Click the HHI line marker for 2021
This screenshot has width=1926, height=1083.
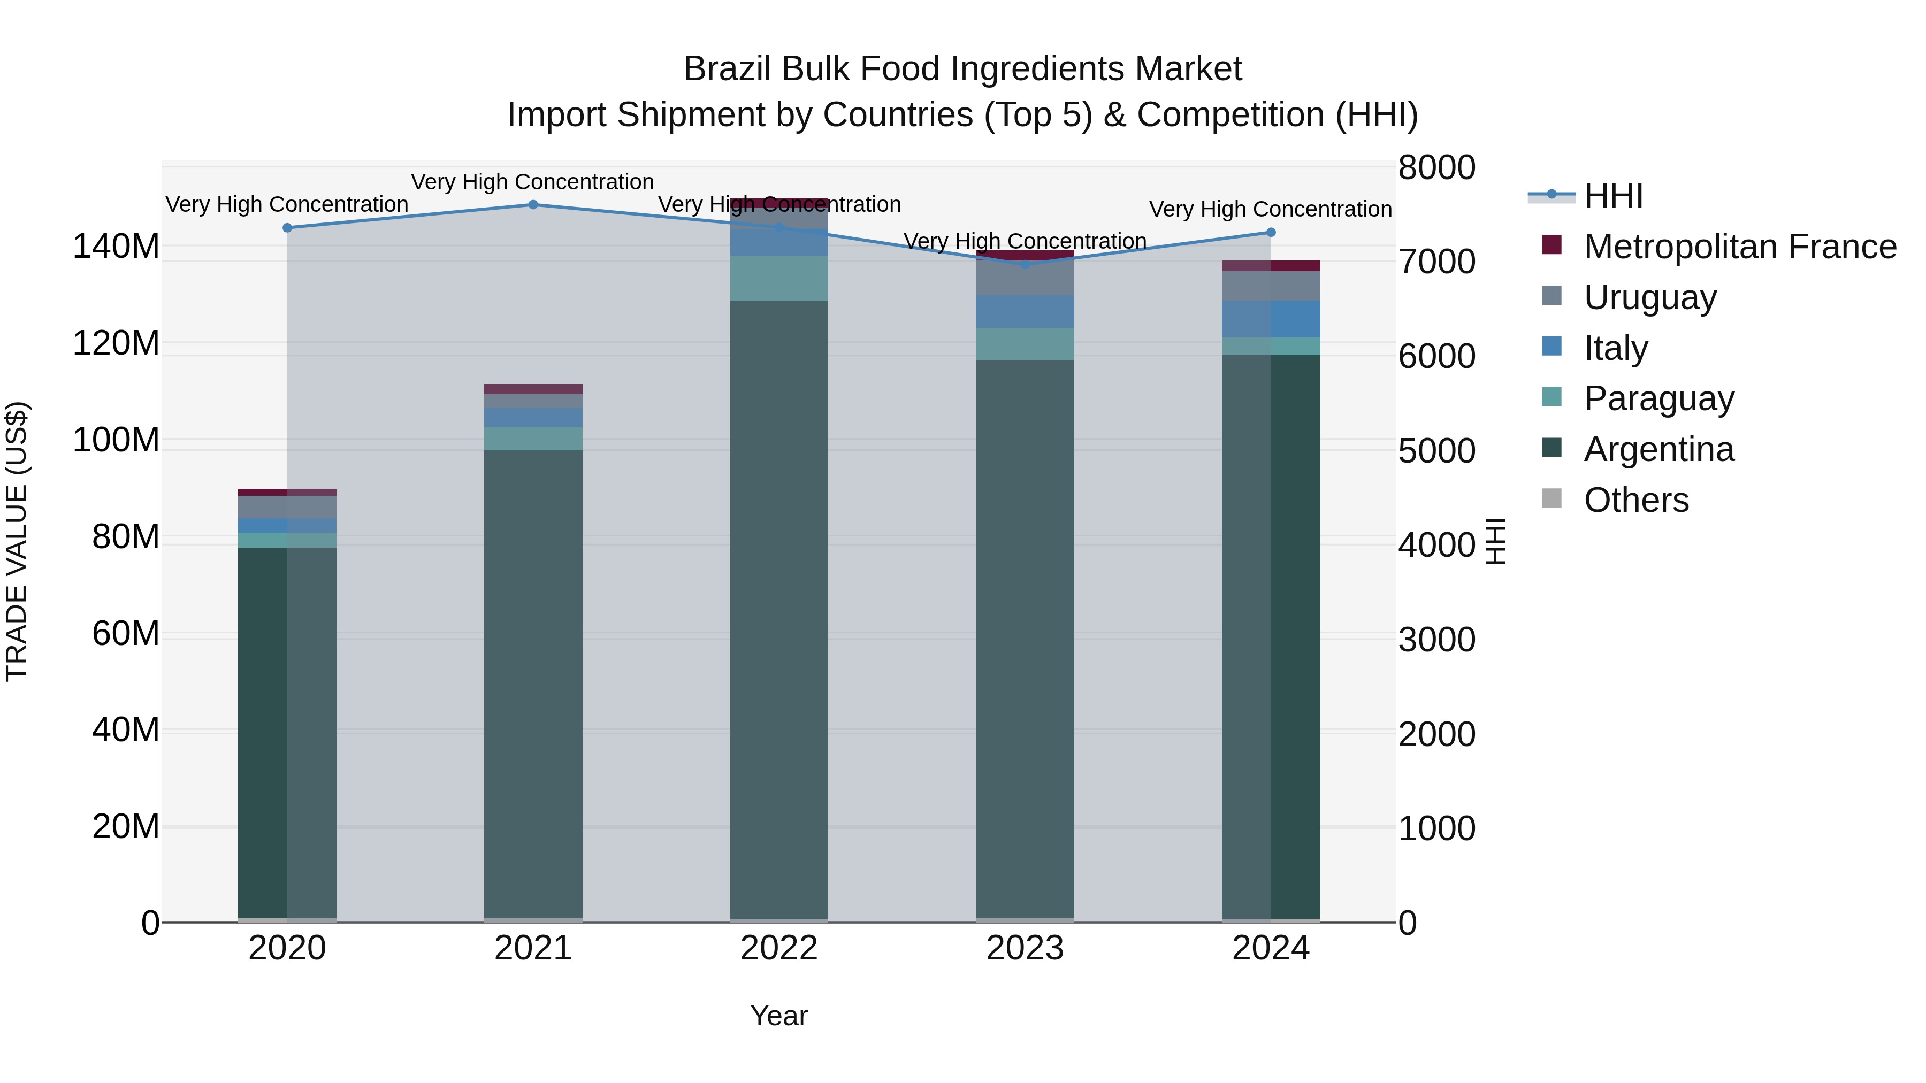[x=533, y=205]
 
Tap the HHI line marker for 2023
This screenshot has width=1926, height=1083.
[x=1025, y=264]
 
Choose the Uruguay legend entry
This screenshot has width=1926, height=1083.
[x=1649, y=297]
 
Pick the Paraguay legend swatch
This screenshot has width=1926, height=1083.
[x=1552, y=398]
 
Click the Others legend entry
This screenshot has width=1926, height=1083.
[x=1636, y=500]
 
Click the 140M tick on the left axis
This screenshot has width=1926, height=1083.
[x=116, y=246]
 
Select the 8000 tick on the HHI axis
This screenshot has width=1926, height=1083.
[x=1436, y=167]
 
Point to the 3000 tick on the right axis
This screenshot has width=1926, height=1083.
[x=1436, y=640]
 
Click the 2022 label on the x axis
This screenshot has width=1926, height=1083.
[x=779, y=948]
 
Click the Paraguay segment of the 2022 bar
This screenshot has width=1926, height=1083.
[x=779, y=278]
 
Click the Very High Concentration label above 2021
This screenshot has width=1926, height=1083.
[x=532, y=182]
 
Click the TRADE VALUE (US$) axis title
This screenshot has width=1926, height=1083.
[x=17, y=541]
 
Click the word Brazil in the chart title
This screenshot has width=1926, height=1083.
[x=728, y=69]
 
